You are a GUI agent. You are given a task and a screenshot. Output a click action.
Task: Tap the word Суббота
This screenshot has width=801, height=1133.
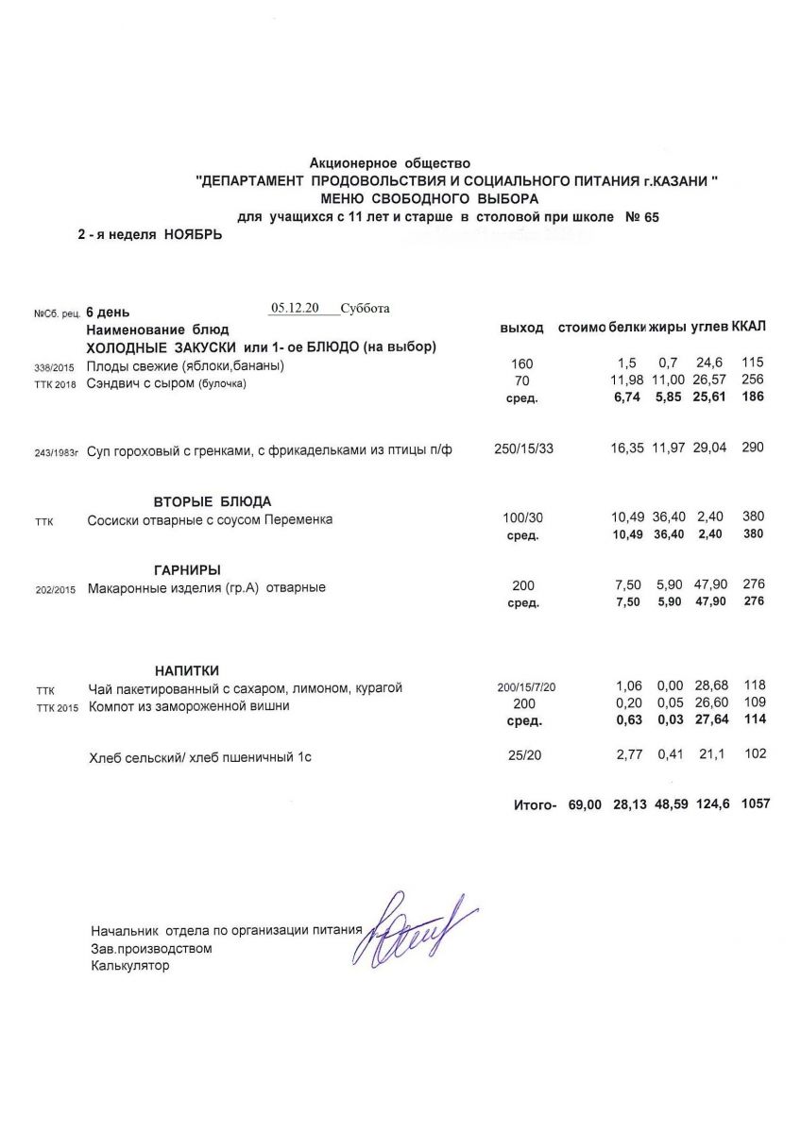[366, 308]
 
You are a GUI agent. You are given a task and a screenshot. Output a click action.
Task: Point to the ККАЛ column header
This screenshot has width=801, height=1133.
[749, 328]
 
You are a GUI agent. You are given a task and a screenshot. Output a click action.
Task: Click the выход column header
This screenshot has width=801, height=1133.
[521, 329]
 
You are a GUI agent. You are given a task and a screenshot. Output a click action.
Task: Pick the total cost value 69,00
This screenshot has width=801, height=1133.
[585, 804]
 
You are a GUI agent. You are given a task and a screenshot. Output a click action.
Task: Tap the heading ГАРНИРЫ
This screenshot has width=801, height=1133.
[187, 569]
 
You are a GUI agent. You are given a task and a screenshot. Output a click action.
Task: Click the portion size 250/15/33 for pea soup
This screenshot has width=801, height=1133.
[523, 449]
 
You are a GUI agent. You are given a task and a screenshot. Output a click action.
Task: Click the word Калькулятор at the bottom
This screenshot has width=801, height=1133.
[130, 966]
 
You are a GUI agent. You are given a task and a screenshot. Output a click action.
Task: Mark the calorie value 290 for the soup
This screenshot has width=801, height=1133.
[753, 449]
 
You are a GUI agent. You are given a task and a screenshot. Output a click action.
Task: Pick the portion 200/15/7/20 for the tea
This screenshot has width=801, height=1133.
[523, 688]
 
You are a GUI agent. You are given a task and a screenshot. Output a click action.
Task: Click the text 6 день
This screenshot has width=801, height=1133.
[109, 312]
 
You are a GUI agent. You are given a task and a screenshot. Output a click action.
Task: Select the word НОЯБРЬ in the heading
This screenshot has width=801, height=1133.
[194, 234]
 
